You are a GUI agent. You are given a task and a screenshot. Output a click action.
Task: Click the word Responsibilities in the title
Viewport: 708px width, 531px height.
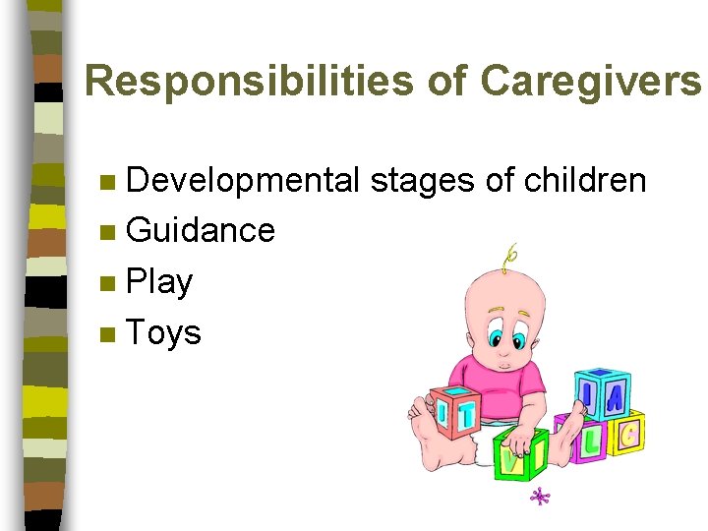(x=247, y=83)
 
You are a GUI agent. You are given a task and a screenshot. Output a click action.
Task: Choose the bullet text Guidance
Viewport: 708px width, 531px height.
(x=201, y=231)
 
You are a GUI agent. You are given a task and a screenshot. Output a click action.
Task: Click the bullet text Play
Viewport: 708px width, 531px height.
(x=159, y=282)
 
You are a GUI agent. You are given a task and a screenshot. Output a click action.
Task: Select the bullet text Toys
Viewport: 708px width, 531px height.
(x=163, y=333)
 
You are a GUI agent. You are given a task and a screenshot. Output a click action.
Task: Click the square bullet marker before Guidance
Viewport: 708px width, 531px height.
(x=107, y=232)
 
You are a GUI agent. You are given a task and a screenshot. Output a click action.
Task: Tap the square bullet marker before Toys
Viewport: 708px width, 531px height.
(x=107, y=334)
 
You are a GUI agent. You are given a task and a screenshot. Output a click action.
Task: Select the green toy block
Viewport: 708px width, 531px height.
(x=518, y=455)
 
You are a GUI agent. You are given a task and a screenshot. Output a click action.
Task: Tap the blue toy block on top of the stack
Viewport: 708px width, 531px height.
(x=601, y=393)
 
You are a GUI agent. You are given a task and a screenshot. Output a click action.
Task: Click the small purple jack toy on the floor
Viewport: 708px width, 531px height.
(x=539, y=498)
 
